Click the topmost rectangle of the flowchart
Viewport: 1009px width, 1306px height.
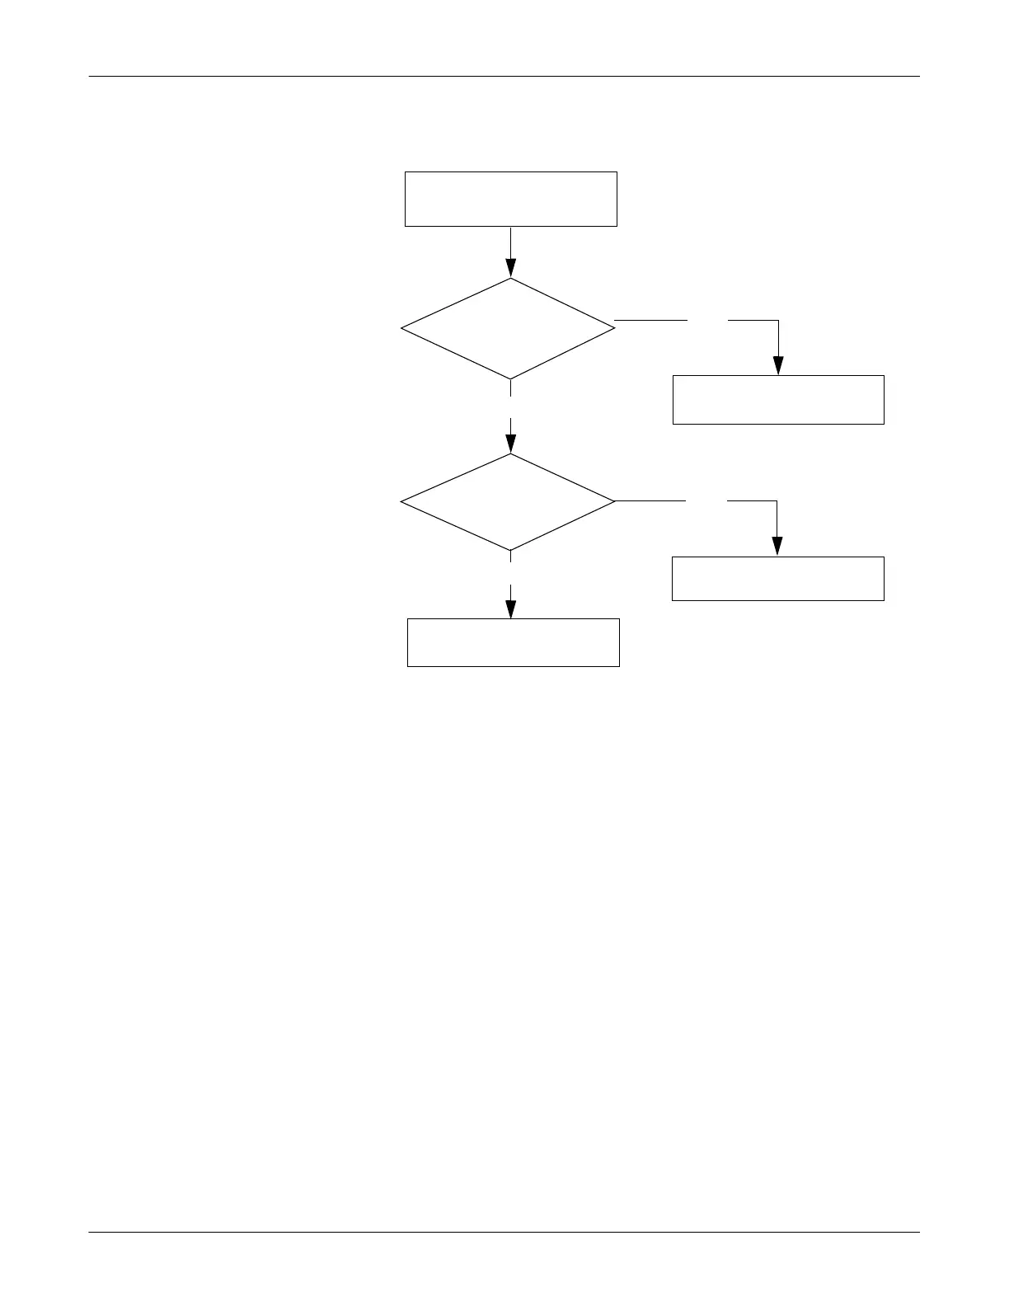point(510,199)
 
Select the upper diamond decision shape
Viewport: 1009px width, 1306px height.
point(509,328)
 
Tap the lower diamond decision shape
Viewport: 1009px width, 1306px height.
point(509,501)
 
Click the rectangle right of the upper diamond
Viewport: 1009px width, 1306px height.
point(778,400)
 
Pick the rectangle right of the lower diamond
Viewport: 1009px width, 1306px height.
point(778,578)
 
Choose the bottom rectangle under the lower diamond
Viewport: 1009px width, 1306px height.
point(513,642)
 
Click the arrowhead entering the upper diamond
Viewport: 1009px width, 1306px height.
point(510,268)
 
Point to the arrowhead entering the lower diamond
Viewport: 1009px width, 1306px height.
point(510,444)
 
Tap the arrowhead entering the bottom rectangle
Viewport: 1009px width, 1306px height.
point(510,609)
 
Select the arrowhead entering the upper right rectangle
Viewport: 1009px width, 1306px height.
point(778,366)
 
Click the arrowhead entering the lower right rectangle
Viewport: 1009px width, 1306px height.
point(777,547)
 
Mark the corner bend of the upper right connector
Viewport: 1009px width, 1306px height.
point(778,320)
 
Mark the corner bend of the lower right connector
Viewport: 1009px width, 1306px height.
point(777,500)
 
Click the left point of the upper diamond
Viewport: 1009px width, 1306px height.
point(402,328)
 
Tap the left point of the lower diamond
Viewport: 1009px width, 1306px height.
point(402,501)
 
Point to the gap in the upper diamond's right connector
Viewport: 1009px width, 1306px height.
point(707,320)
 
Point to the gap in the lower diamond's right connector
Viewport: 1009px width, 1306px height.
point(706,500)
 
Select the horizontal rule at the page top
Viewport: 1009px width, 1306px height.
point(504,77)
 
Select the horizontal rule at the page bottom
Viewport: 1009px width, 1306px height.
point(504,1233)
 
